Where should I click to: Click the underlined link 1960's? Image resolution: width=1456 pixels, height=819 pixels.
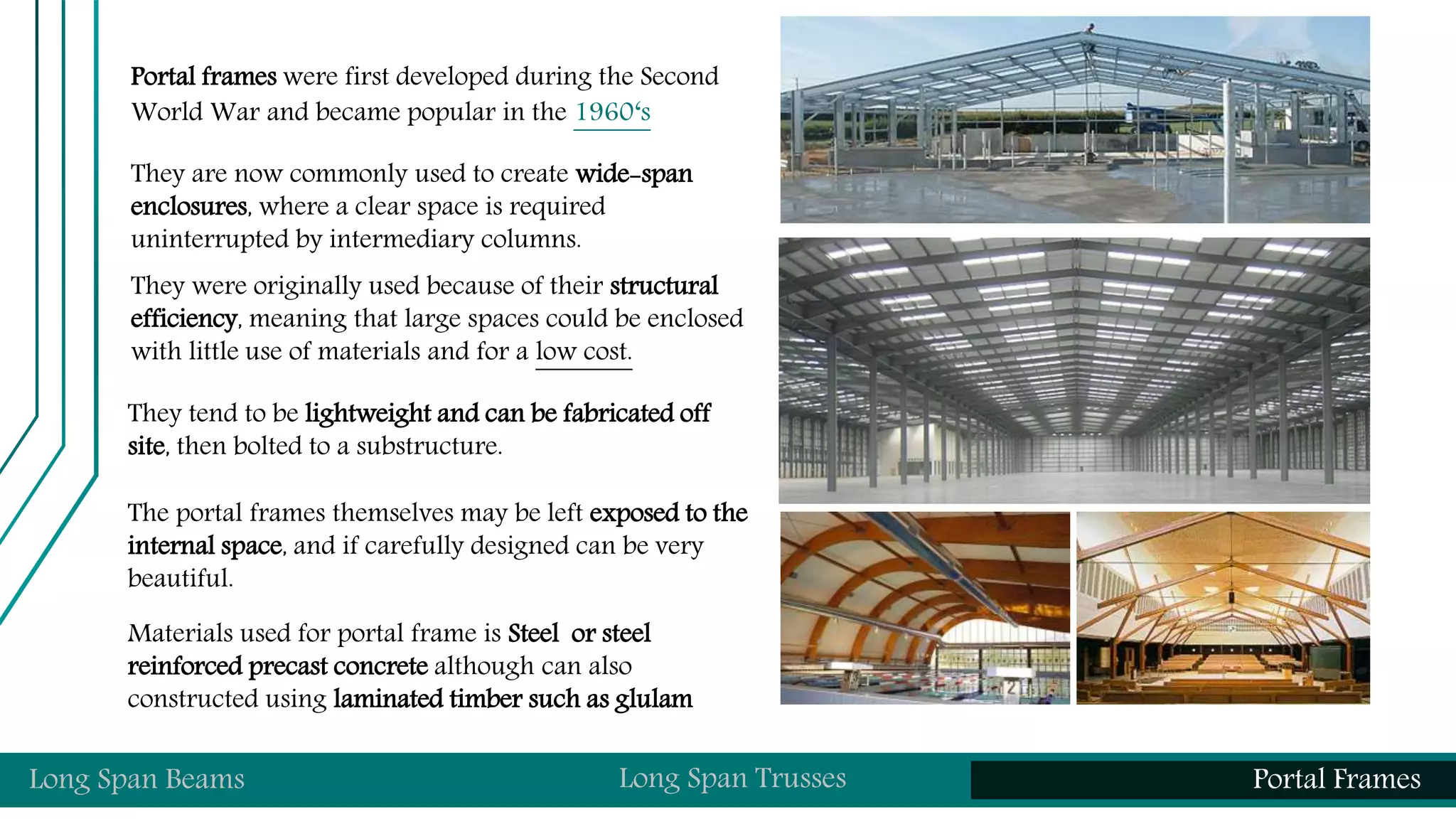tap(612, 112)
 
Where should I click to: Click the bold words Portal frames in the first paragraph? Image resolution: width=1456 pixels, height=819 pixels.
tap(203, 77)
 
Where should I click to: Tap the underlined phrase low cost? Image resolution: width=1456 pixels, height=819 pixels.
tap(583, 352)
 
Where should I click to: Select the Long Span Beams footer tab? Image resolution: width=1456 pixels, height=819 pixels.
tap(136, 779)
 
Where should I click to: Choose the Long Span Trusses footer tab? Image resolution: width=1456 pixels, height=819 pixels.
tap(732, 778)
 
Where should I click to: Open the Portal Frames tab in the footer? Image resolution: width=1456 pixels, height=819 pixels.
tap(1337, 779)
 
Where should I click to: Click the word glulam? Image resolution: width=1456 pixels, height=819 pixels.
tap(653, 700)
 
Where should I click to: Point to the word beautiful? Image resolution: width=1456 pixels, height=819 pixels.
tap(180, 578)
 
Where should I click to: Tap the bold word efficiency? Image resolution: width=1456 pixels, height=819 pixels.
tap(183, 319)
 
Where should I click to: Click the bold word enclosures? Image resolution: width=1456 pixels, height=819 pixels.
tap(188, 207)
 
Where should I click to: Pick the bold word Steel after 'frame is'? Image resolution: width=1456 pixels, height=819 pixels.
tap(533, 633)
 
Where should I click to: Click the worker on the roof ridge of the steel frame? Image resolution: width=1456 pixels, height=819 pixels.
tap(1090, 30)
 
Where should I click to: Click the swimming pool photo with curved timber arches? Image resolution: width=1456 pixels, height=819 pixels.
tap(925, 608)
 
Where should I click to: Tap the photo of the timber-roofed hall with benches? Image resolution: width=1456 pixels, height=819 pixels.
tap(1223, 608)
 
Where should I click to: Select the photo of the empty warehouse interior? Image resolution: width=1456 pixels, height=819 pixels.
tap(1074, 370)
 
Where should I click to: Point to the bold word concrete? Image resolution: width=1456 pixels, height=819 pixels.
tap(380, 667)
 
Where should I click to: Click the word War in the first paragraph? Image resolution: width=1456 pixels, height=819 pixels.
tap(235, 112)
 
